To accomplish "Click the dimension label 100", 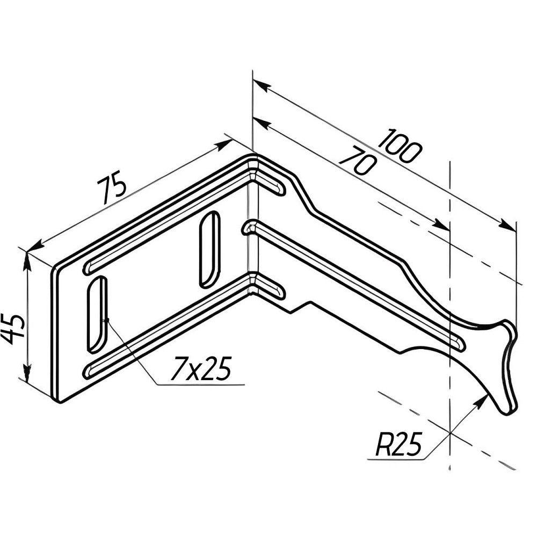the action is point(400,146).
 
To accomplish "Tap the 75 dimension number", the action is point(112,190).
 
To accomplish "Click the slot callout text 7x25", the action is point(201,368).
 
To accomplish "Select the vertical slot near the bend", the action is point(209,249).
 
